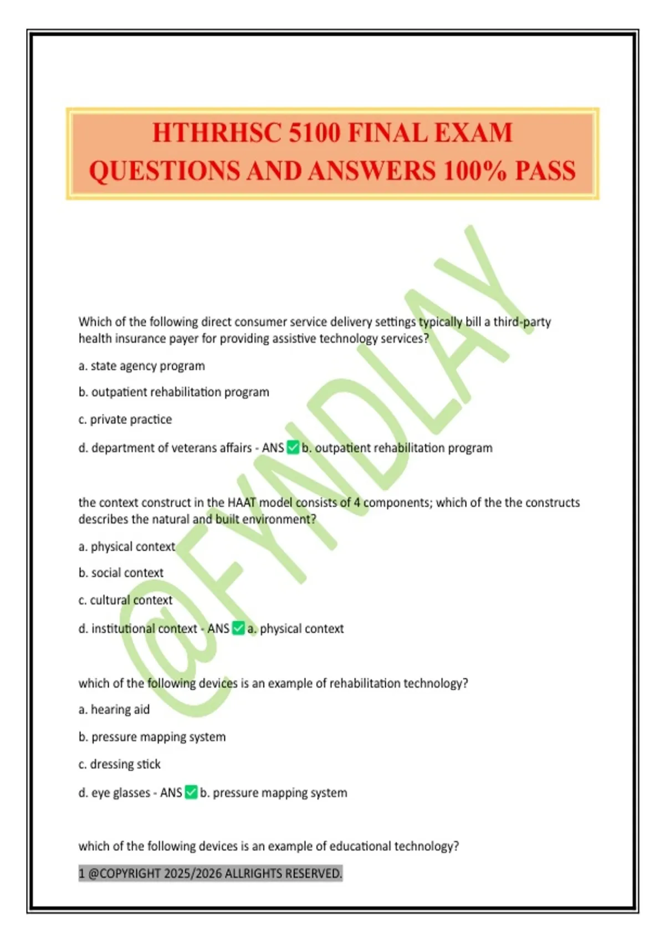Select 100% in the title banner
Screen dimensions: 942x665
[475, 170]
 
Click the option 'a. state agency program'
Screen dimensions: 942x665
[142, 366]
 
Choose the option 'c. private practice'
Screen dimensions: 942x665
[125, 419]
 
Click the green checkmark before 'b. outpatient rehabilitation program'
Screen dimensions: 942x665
[293, 447]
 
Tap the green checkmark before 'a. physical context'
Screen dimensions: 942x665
[238, 628]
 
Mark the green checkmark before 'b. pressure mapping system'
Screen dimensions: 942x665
[191, 792]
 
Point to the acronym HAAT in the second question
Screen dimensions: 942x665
[242, 503]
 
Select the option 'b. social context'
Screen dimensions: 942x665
[121, 572]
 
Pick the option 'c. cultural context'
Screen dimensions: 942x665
[125, 600]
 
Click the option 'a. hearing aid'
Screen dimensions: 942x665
[114, 709]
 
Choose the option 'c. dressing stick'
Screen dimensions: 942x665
[120, 764]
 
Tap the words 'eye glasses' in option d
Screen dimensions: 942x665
[121, 793]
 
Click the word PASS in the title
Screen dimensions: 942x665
[545, 170]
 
